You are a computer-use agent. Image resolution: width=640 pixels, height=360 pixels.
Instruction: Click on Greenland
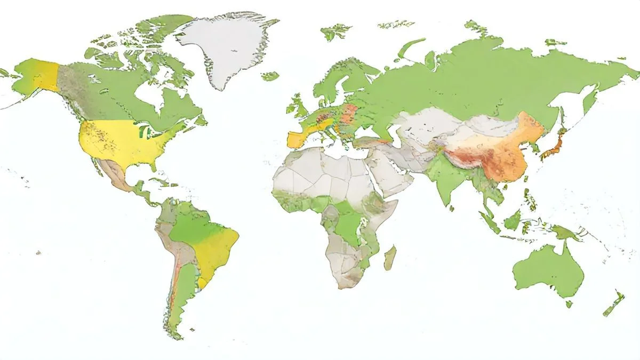227,45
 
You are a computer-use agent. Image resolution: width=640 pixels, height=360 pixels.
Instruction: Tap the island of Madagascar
390,258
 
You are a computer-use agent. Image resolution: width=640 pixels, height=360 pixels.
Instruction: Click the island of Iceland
270,76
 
